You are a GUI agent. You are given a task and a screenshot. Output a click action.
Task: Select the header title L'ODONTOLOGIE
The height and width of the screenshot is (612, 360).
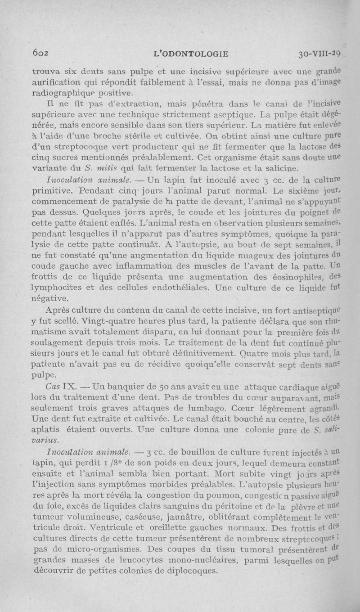tap(192, 54)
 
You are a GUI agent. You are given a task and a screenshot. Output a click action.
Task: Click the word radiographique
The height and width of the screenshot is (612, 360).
tap(58, 94)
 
